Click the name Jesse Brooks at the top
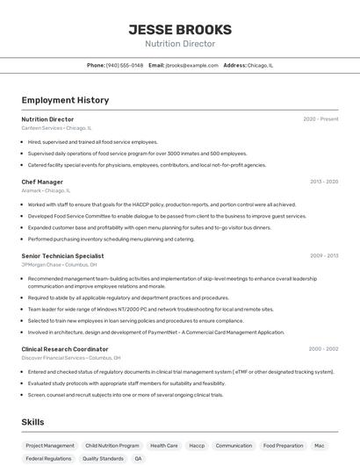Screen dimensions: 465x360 click(x=180, y=29)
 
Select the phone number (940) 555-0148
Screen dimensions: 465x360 click(x=125, y=65)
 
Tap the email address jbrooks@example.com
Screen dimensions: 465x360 click(x=192, y=65)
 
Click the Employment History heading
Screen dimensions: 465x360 click(x=65, y=100)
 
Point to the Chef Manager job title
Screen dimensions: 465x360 click(x=42, y=182)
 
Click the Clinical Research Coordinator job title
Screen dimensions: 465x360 click(x=65, y=349)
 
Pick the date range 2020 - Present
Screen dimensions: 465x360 click(x=320, y=119)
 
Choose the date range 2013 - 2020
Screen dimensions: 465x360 click(x=324, y=182)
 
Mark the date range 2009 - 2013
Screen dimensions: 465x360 click(x=324, y=255)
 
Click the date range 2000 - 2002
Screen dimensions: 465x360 click(x=323, y=349)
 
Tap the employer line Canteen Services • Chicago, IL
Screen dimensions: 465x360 click(x=56, y=128)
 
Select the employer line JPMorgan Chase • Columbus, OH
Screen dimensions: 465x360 click(x=59, y=264)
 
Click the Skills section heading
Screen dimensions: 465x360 click(x=33, y=422)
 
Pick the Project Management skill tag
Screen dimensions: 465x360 click(x=50, y=446)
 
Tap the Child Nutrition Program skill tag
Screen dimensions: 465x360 click(x=112, y=446)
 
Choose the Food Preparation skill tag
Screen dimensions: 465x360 click(x=282, y=446)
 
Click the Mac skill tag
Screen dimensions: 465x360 click(x=320, y=446)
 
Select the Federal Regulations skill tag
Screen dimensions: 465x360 click(x=48, y=459)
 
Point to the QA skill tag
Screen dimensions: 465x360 click(x=138, y=459)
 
